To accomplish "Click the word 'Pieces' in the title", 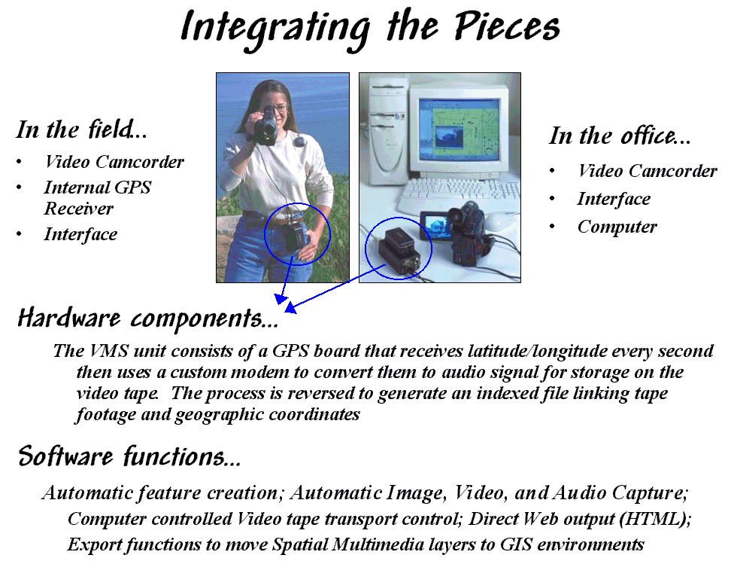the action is tap(507, 26).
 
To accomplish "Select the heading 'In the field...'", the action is tap(81, 130).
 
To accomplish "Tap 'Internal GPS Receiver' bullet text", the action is tap(98, 198).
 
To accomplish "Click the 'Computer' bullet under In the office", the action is tap(617, 227).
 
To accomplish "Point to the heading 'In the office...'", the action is tap(620, 136).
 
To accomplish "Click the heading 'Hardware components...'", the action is tap(148, 319).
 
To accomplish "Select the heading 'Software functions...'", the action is tap(129, 456).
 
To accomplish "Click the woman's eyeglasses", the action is tap(278, 108).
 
